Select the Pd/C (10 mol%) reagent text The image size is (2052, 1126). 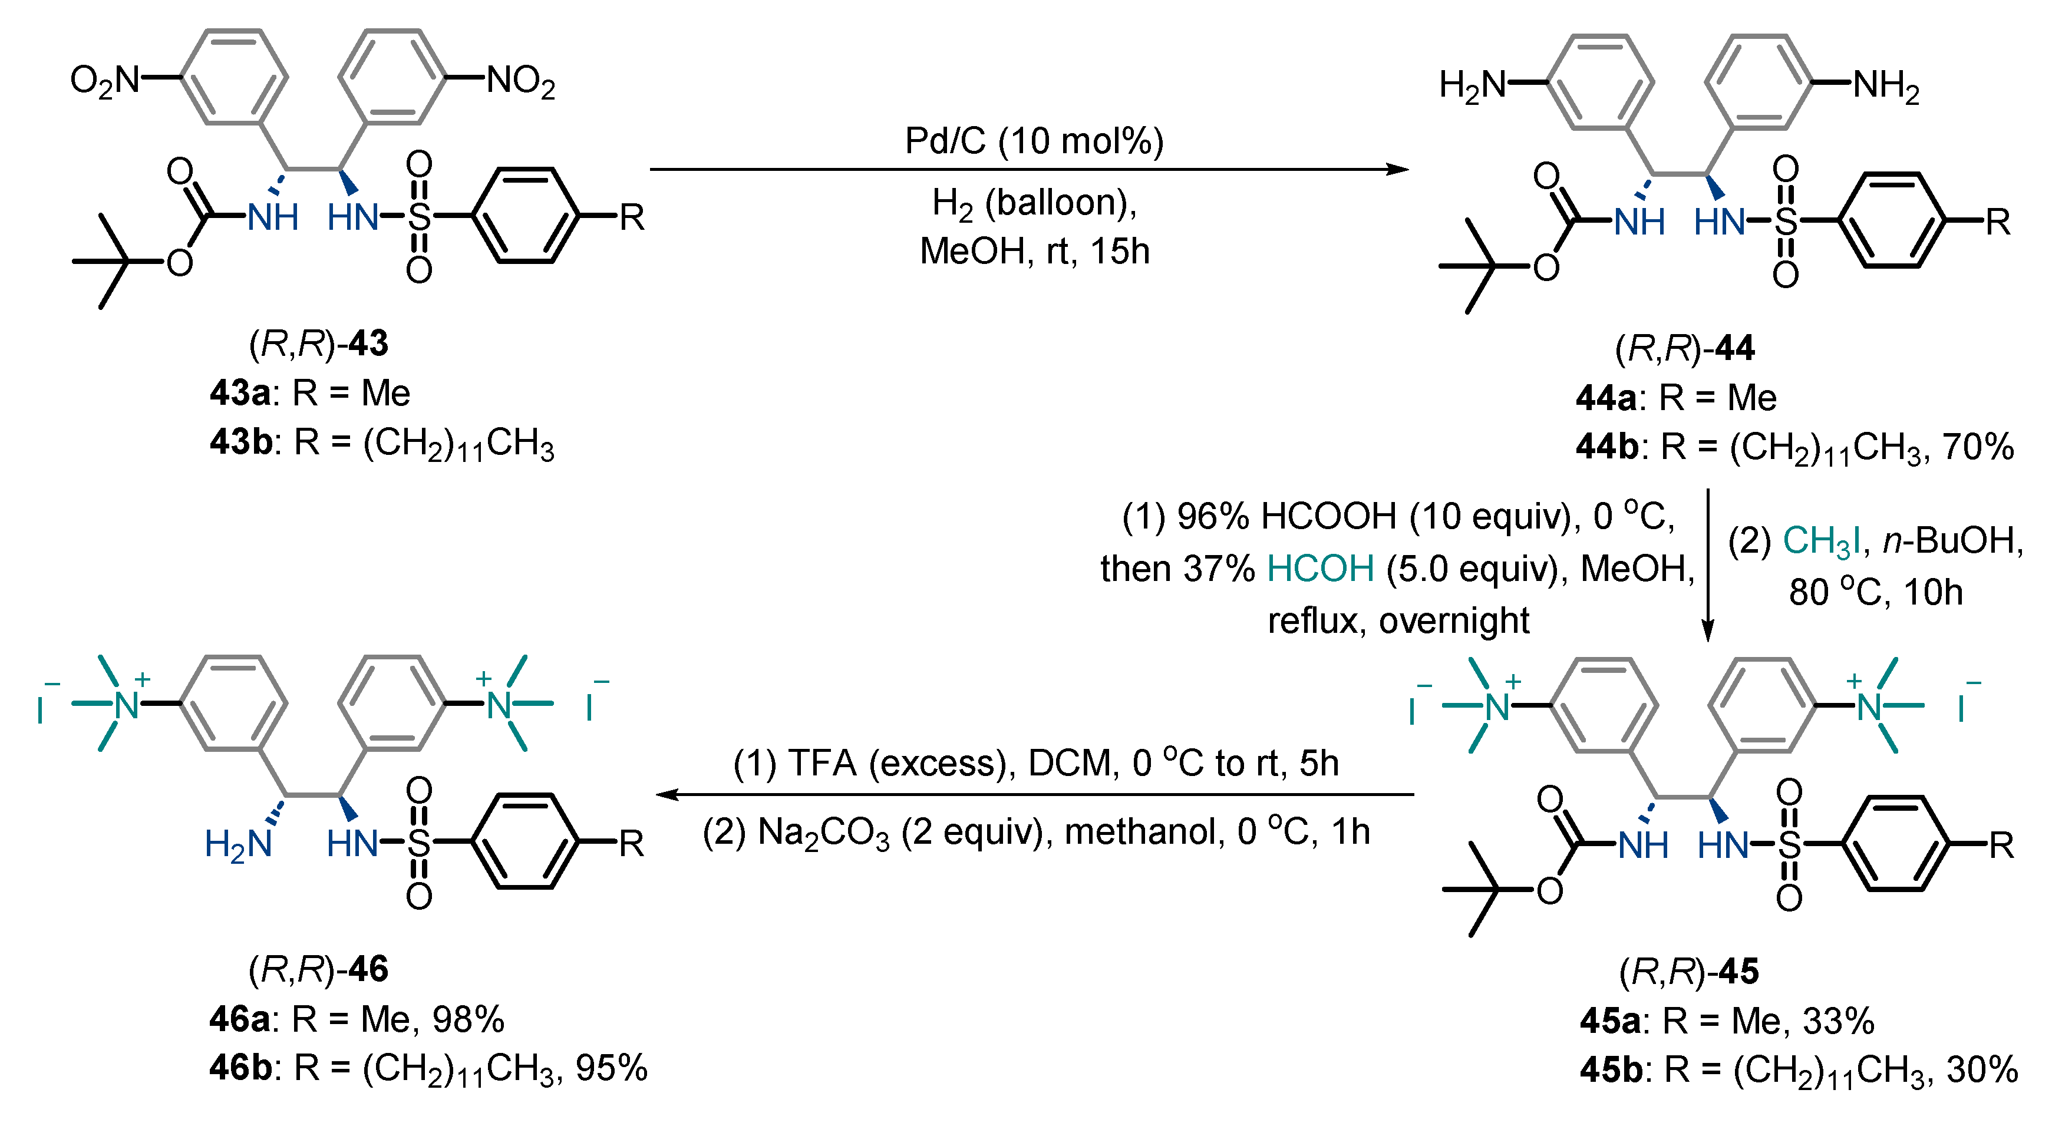click(x=1034, y=141)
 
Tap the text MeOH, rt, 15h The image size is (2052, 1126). click(x=1034, y=252)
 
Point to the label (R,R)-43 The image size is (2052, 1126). click(x=319, y=344)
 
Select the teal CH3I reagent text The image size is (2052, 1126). click(x=1820, y=541)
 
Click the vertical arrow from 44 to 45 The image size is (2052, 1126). click(x=1707, y=566)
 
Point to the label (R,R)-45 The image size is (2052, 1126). click(x=1689, y=972)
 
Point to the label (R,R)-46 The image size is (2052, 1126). click(x=319, y=970)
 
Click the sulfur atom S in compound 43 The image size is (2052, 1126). click(x=419, y=217)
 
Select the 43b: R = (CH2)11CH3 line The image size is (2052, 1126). click(x=382, y=444)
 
